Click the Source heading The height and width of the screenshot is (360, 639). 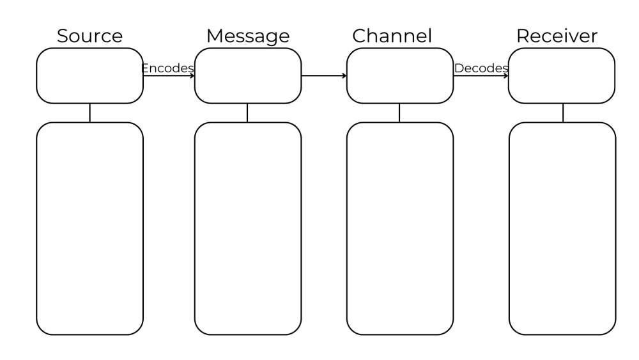coord(89,36)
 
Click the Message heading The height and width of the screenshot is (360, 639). coord(247,36)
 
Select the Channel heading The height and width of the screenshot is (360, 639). coord(401,36)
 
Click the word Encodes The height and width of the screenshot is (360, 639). coord(167,68)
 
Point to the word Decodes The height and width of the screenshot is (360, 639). coord(481,68)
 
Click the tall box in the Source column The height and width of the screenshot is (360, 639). coord(89,228)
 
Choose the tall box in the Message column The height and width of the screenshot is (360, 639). coord(247,228)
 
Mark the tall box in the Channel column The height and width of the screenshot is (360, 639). coord(399,228)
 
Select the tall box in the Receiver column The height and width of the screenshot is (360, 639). coord(562,228)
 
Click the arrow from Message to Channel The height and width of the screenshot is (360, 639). coord(323,76)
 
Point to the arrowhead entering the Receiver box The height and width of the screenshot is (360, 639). coord(506,76)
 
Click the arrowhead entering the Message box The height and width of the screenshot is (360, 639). coord(192,76)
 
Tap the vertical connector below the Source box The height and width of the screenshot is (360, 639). coord(89,113)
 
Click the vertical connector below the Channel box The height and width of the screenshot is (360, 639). coord(399,113)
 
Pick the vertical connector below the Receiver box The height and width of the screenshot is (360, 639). coord(562,113)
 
